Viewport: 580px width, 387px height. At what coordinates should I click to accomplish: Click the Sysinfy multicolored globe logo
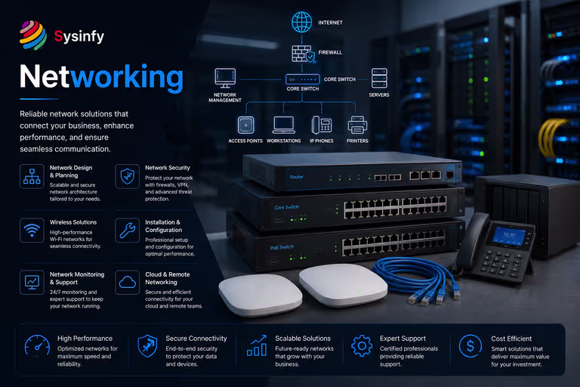[33, 36]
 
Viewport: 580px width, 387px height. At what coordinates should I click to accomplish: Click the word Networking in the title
[101, 77]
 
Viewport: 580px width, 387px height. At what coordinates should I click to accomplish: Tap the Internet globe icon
[301, 22]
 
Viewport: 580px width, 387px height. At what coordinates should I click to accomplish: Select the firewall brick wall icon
[303, 54]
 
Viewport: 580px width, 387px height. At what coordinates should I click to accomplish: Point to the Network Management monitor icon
[225, 78]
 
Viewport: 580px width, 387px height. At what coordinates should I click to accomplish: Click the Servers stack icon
[379, 78]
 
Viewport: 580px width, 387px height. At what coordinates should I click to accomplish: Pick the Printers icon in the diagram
[357, 125]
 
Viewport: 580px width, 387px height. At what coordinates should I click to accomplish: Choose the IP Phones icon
[322, 125]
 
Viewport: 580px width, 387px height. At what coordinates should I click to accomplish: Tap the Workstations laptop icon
[284, 125]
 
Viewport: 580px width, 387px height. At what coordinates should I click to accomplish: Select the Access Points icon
[246, 125]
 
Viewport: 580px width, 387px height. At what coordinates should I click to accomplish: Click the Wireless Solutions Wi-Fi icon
[32, 231]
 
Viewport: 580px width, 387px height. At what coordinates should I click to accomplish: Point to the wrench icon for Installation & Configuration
[127, 231]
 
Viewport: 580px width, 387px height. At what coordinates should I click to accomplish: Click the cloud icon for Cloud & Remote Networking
[127, 282]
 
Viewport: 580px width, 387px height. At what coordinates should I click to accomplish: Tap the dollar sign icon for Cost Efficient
[470, 346]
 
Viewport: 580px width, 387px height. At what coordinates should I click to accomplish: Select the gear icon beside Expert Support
[362, 346]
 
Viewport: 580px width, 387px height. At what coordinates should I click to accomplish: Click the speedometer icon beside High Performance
[37, 346]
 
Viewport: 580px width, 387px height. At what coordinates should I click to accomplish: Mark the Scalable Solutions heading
[303, 339]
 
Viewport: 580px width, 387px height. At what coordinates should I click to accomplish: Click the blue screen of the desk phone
[509, 237]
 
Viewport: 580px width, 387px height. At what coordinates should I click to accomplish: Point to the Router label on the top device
[296, 177]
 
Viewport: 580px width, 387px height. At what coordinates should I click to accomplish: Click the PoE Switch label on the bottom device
[282, 247]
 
